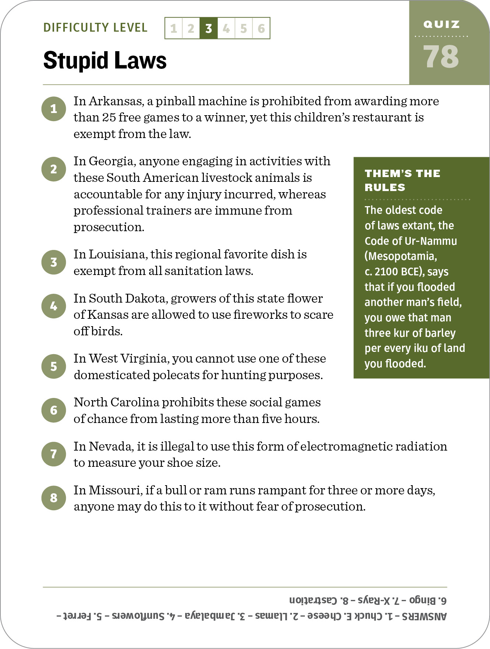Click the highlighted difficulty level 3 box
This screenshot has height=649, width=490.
point(208,28)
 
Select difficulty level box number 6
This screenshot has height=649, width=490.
point(261,28)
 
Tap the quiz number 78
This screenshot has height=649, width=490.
point(441,57)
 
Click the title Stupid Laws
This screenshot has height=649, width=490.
point(105,60)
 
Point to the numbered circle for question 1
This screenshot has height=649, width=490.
point(54,109)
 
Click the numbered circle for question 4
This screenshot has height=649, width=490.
point(54,306)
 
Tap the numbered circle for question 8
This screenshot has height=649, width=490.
point(54,498)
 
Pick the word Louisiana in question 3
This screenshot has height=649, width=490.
point(118,254)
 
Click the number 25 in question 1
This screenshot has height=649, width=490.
point(109,117)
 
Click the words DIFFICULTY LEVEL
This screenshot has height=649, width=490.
point(95,28)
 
